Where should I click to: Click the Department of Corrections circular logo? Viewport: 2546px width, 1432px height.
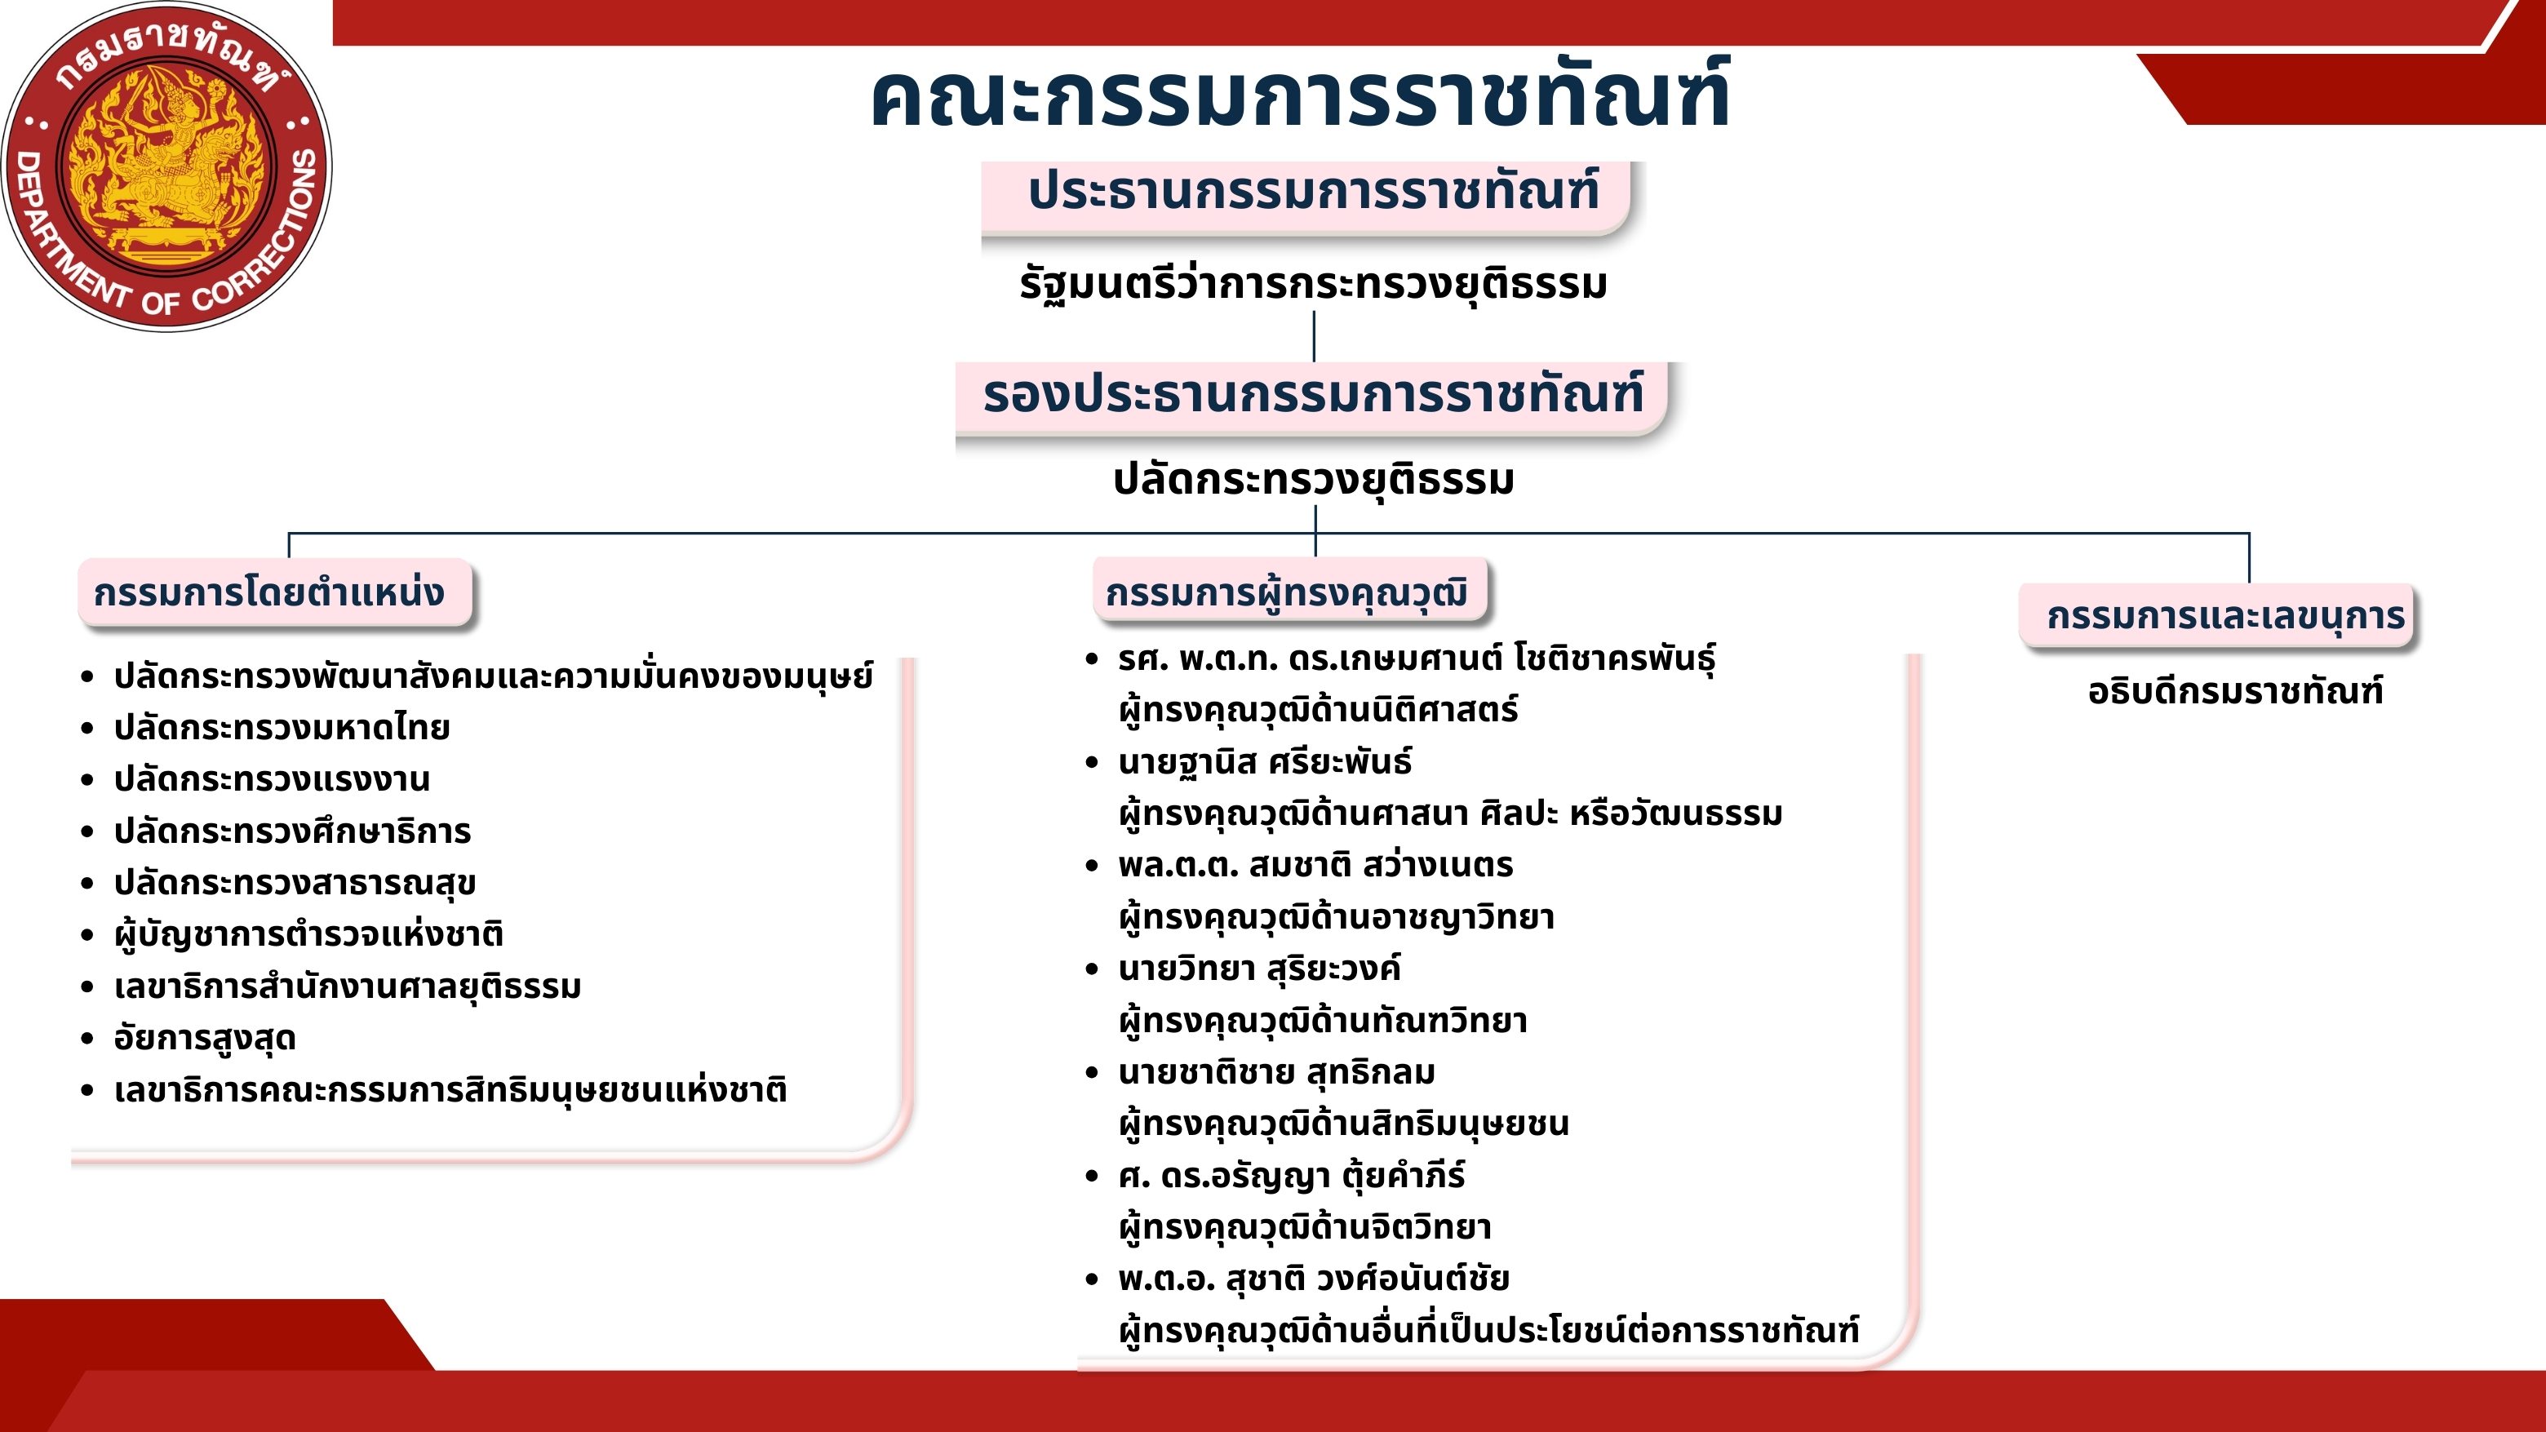[167, 166]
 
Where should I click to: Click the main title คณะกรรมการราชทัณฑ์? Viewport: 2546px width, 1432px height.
[1300, 95]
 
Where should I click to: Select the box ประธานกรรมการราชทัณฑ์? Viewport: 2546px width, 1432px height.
[1305, 197]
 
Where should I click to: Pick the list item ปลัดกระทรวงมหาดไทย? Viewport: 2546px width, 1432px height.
[282, 727]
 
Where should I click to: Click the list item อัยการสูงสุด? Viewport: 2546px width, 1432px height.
[205, 1039]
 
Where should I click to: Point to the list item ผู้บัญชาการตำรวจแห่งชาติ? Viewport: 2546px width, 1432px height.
[308, 935]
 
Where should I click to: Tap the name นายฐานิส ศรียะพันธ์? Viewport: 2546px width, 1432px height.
[1265, 762]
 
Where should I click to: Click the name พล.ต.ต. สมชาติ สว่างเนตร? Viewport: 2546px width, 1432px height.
[1315, 866]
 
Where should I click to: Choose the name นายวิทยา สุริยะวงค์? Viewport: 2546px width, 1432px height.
[1259, 969]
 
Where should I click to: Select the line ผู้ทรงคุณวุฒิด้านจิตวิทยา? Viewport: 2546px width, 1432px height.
[1305, 1227]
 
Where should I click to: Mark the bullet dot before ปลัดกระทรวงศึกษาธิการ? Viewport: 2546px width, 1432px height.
[88, 832]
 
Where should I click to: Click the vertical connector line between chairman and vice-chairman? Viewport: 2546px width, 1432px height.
[1314, 336]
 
